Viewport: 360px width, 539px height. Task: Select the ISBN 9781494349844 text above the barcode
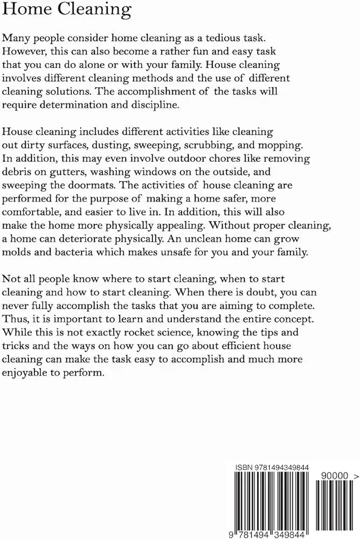272,467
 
